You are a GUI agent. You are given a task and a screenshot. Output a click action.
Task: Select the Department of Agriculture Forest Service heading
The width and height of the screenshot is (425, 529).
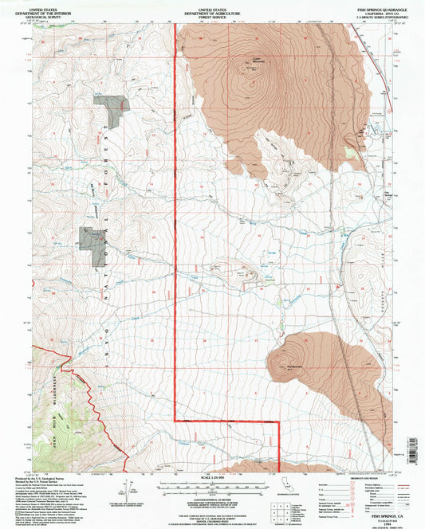click(x=212, y=10)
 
